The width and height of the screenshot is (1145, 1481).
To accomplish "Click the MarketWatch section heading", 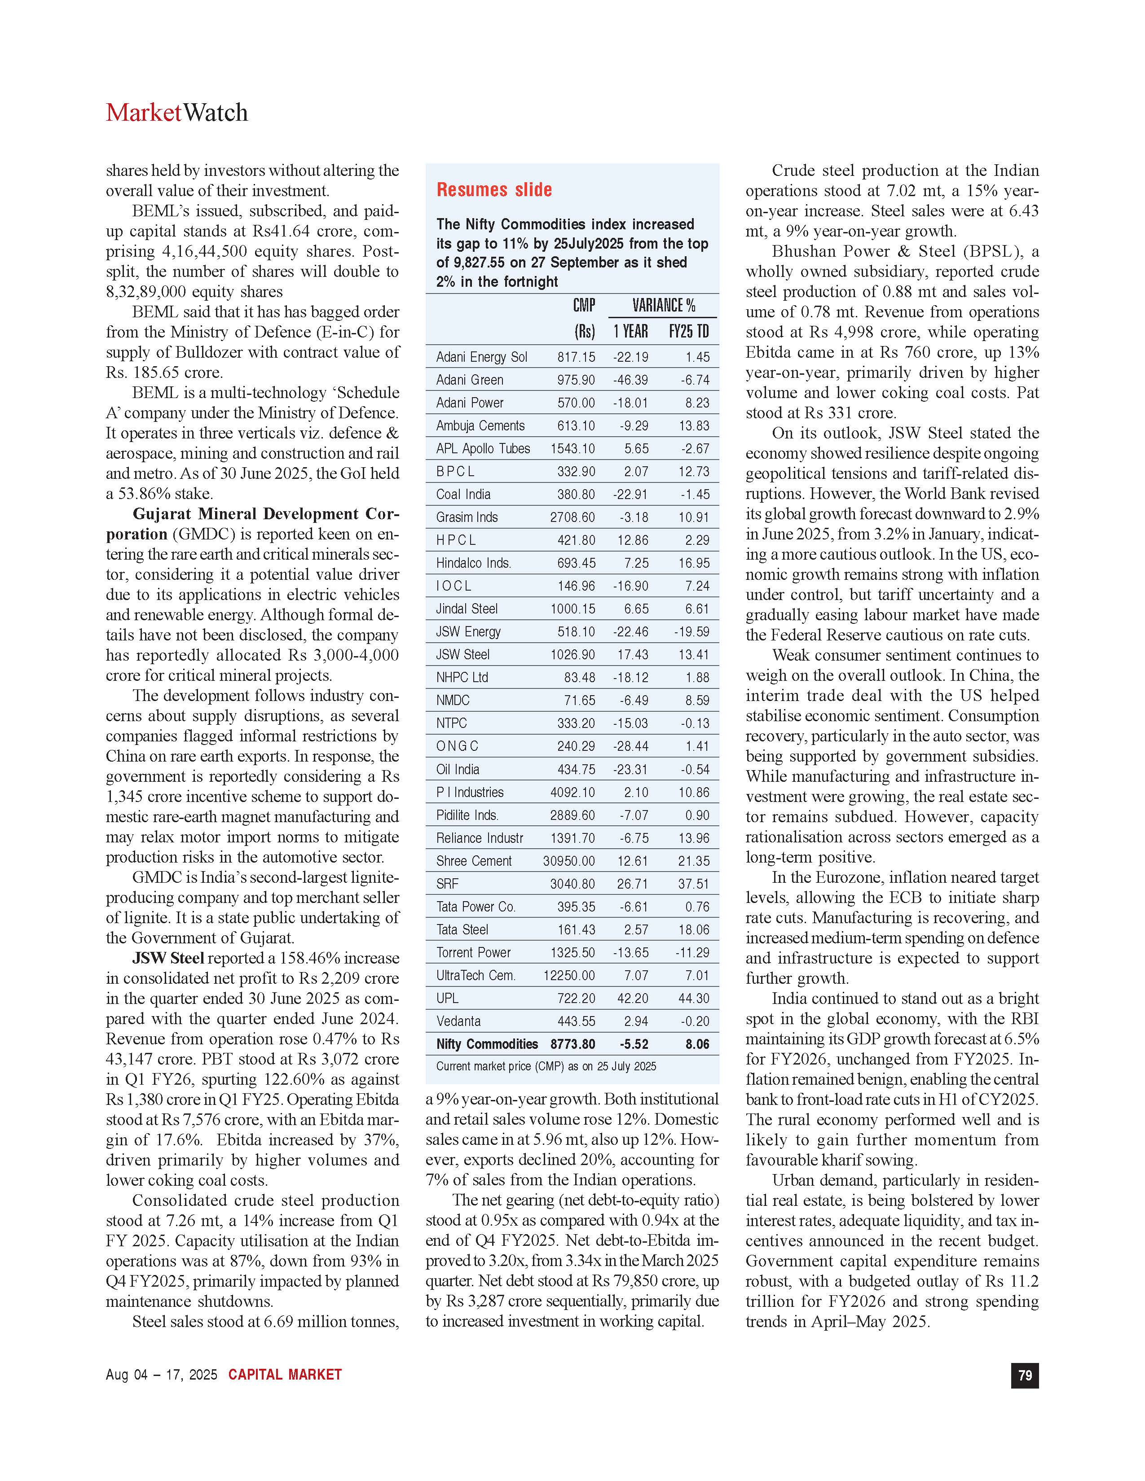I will tap(176, 113).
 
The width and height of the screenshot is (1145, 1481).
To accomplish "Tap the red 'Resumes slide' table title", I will tap(494, 190).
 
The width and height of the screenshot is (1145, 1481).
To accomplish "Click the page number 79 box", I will tap(1025, 1375).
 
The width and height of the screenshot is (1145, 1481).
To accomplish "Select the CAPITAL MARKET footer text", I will tap(285, 1375).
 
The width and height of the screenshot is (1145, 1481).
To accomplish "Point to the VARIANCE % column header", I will tap(663, 306).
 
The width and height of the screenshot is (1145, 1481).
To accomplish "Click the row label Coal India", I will tap(463, 495).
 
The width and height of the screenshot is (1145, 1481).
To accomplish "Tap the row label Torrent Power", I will tap(473, 953).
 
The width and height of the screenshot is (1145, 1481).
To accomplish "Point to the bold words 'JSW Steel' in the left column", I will tap(168, 958).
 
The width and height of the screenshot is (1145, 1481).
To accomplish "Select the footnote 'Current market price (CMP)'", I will tap(546, 1067).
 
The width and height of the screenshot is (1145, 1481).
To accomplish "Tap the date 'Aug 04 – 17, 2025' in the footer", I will tap(162, 1375).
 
